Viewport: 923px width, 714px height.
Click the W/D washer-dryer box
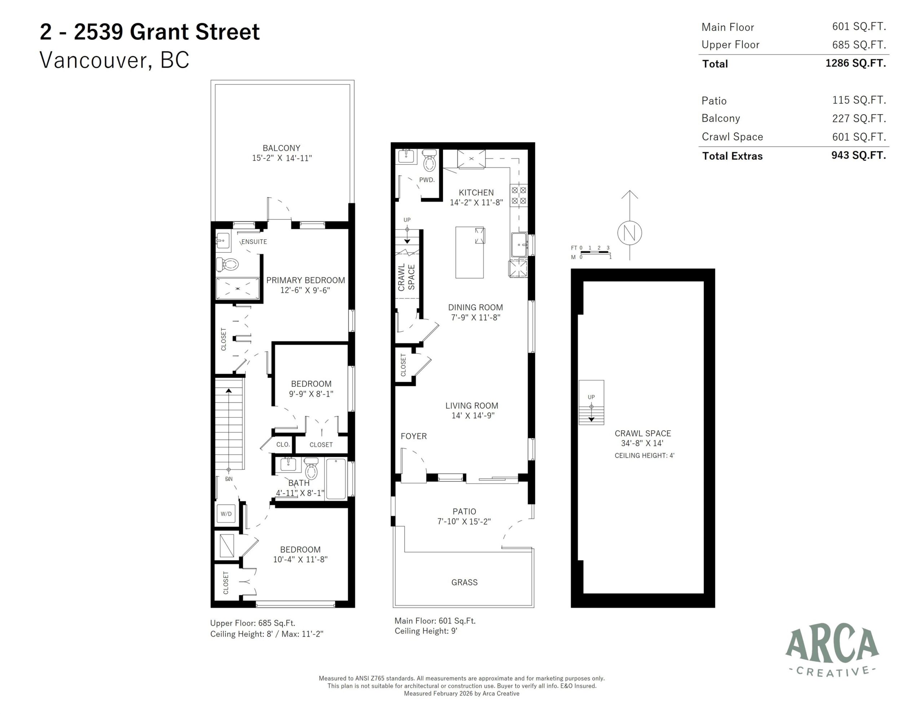(226, 514)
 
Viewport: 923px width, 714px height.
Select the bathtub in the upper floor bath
(336, 479)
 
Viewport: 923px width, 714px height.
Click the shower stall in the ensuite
(238, 289)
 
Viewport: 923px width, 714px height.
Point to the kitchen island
(469, 253)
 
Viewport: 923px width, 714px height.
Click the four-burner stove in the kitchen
(519, 196)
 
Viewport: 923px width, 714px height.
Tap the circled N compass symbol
(630, 233)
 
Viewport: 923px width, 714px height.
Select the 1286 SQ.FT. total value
(855, 63)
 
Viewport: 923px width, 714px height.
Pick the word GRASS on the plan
(464, 582)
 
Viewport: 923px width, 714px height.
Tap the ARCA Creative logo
(832, 651)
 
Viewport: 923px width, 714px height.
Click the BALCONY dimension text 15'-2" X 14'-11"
(282, 158)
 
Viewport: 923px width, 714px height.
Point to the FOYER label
(413, 436)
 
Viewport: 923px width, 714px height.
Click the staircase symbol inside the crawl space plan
(591, 402)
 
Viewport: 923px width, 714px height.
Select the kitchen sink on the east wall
(519, 245)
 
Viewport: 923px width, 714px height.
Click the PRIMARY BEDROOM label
(305, 280)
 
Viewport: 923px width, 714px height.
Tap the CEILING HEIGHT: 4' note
(644, 456)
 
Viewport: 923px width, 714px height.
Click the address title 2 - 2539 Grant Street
(150, 32)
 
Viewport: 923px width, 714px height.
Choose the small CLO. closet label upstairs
(283, 444)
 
